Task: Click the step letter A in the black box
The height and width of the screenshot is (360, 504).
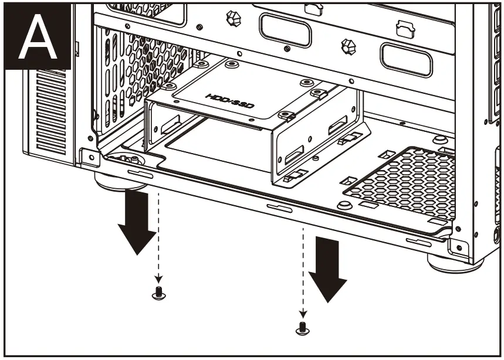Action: click(x=38, y=36)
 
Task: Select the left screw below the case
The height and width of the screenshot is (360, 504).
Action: click(x=157, y=294)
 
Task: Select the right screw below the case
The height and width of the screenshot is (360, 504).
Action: click(x=302, y=328)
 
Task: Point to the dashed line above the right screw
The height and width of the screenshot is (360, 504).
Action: click(x=302, y=270)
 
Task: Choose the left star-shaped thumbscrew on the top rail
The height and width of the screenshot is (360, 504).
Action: click(x=231, y=18)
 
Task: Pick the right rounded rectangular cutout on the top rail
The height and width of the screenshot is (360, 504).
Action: click(x=405, y=59)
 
